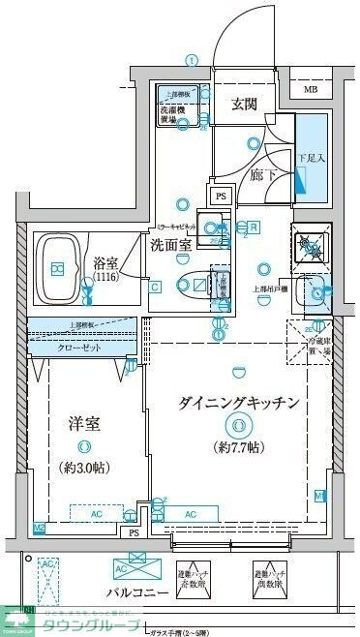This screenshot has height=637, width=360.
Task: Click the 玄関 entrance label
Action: tap(244, 106)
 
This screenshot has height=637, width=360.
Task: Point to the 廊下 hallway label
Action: tap(260, 175)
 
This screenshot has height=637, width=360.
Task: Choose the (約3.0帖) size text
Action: tap(84, 467)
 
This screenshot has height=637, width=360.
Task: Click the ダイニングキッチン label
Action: tap(237, 402)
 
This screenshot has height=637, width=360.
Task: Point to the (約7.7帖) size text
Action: tap(237, 446)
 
